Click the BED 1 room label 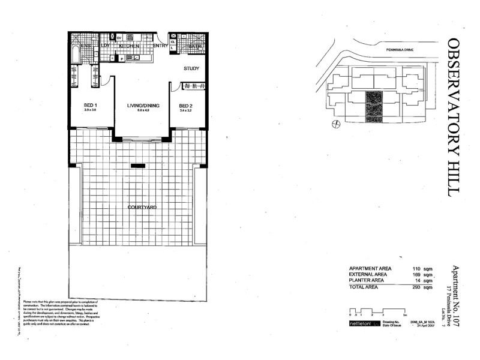pos(90,106)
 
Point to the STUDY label pos(191,68)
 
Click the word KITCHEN pos(129,46)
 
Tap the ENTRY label pos(160,46)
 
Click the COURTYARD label pos(142,207)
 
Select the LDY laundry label pos(105,46)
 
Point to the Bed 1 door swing pos(107,83)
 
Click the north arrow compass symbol pos(335,124)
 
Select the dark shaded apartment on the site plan pos(373,106)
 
